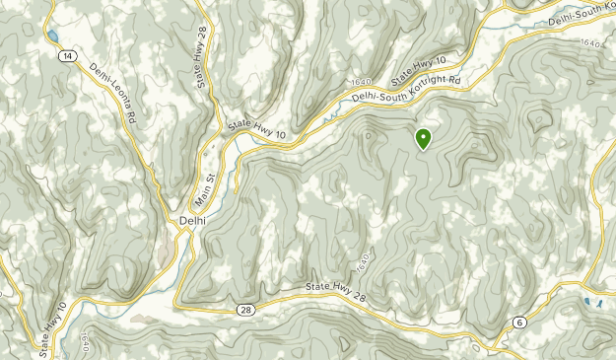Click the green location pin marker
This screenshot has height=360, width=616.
pyautogui.click(x=424, y=138)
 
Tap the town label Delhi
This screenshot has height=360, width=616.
pyautogui.click(x=193, y=220)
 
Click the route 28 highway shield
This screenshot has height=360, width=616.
pyautogui.click(x=243, y=310)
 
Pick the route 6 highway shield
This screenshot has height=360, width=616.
pyautogui.click(x=519, y=323)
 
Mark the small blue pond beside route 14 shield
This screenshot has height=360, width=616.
pyautogui.click(x=49, y=36)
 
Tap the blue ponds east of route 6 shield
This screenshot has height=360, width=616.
pyautogui.click(x=591, y=302)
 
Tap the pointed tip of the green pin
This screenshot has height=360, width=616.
pyautogui.click(x=424, y=149)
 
